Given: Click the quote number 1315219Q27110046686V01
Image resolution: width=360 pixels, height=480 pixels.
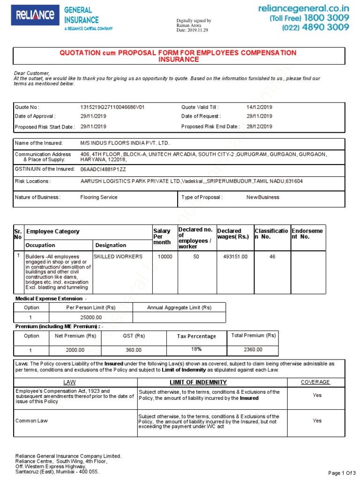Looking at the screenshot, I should pos(112,107).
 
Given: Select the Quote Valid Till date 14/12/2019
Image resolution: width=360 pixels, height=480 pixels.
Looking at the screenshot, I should pos(259,107).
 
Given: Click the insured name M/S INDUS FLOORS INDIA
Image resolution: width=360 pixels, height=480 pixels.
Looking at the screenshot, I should pos(125,142).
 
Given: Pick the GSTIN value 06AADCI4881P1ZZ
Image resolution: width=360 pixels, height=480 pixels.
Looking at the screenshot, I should pos(103,169).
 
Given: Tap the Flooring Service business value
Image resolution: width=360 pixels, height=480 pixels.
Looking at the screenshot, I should pos(99,197).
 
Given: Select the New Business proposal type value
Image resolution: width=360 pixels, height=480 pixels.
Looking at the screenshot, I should pos(262,197).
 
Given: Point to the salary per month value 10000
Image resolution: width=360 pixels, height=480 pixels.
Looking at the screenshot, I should pos(165,257).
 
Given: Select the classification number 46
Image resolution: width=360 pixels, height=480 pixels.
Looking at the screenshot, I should pos(272,257).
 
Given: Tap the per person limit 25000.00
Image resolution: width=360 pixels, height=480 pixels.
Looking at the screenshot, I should pos(91,317).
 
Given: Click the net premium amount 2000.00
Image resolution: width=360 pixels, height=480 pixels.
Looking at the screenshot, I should pos(75,350).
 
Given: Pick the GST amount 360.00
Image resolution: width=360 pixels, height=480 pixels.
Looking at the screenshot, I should pos(134,350).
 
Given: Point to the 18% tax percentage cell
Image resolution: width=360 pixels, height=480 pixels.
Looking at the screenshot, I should pos(196,349).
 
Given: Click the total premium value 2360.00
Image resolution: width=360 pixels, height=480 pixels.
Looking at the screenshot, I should pos(253,350).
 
